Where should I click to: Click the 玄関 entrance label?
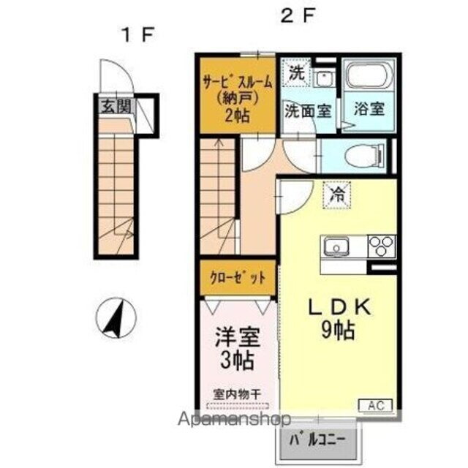[x=116, y=107]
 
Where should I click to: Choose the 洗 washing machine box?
[x=295, y=72]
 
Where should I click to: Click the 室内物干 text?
[x=237, y=394]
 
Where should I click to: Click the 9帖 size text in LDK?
[x=336, y=331]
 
